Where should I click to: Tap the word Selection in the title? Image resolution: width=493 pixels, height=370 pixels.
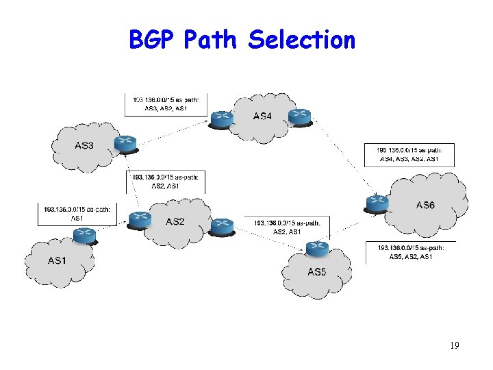coord(302,40)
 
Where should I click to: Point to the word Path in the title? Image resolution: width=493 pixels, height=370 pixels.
coord(211,40)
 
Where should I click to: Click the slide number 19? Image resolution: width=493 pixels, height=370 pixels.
coord(454,345)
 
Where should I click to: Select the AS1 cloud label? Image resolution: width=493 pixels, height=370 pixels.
coord(58,260)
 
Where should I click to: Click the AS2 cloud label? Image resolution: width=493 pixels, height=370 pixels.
coord(175,221)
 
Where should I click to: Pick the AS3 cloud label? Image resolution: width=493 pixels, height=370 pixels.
coord(84,145)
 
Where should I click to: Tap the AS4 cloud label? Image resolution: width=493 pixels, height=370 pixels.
coord(262,116)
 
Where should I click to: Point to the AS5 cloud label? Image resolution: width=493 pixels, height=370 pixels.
coord(316,272)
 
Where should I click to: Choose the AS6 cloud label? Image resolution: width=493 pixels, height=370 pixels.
coord(425,205)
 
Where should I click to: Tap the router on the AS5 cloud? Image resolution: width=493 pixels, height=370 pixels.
coord(317,248)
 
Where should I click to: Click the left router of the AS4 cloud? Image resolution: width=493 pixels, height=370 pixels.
coord(221,119)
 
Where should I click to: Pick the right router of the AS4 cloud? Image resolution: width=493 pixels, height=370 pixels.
coord(299,116)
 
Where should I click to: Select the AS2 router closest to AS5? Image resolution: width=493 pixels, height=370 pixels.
coord(223,225)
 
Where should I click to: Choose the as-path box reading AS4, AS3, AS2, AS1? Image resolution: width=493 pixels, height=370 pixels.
coord(409,154)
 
